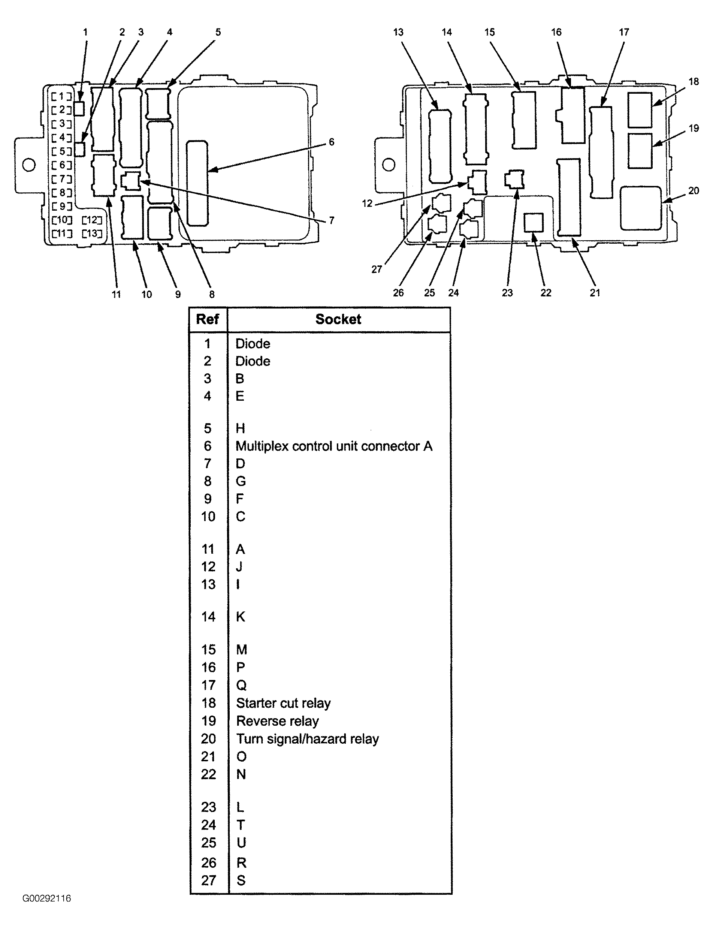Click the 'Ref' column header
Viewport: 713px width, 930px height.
[207, 319]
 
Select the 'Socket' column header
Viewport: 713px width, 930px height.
[338, 319]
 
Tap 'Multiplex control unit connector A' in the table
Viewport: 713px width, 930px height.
[333, 446]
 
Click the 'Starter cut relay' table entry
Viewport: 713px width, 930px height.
[283, 703]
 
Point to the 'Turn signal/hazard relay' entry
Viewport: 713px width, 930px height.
[307, 739]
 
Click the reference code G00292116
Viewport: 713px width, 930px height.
[47, 898]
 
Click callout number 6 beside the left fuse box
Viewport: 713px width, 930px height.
[332, 142]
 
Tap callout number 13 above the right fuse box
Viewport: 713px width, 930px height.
[398, 32]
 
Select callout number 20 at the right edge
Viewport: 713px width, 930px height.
[694, 191]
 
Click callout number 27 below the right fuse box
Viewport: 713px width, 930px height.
[377, 269]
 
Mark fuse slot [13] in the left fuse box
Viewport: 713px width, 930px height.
[92, 233]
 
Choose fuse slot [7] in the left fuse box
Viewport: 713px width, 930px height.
[62, 179]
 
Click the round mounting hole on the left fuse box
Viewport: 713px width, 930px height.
[29, 165]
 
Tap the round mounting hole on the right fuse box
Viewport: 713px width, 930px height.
[388, 165]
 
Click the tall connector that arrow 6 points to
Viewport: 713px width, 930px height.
[197, 183]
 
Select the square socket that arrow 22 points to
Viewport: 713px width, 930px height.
[534, 223]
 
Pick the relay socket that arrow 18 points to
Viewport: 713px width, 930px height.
[640, 110]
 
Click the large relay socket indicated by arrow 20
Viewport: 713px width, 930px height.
[641, 208]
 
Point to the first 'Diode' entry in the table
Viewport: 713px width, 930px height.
[253, 343]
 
